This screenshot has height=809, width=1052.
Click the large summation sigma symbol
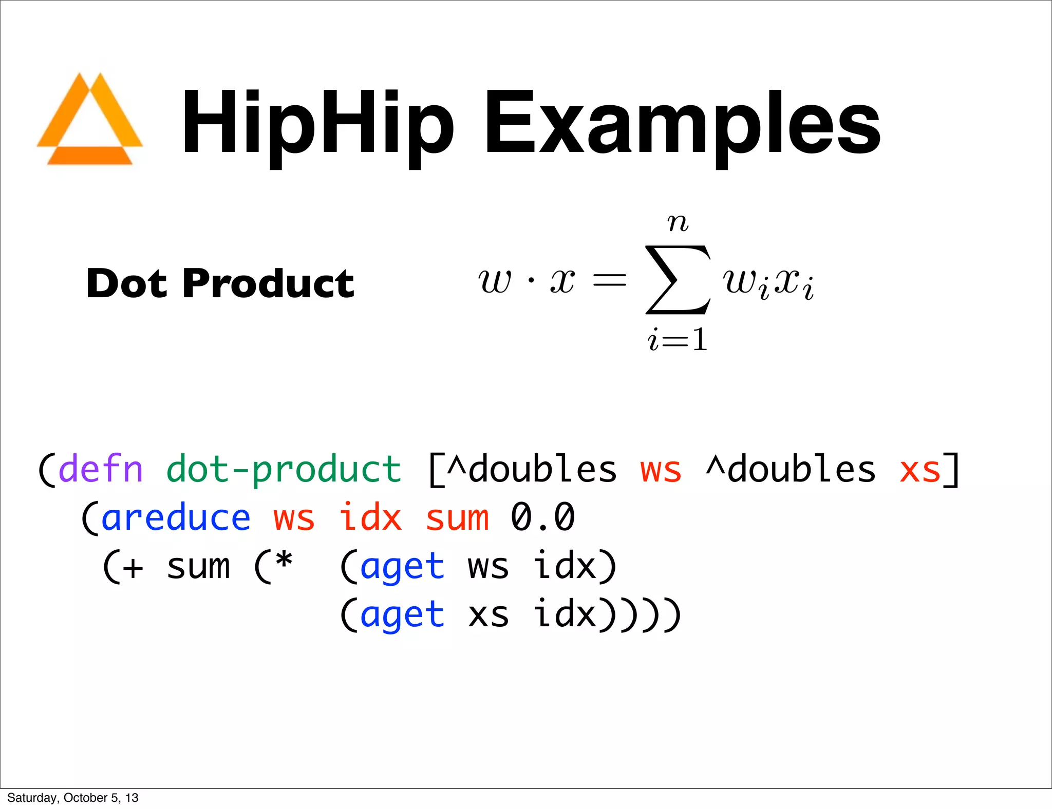[678, 280]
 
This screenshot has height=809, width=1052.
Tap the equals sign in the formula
[609, 280]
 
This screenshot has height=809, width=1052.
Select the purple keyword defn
[101, 469]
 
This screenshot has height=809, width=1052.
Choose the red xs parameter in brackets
[920, 469]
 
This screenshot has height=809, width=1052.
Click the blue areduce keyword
[176, 517]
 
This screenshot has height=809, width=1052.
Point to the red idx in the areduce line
[370, 517]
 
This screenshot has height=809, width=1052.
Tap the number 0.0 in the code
[542, 517]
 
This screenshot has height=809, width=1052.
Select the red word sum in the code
[457, 517]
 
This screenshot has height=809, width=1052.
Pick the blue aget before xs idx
[402, 615]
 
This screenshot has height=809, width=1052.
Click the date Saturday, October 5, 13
[73, 798]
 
